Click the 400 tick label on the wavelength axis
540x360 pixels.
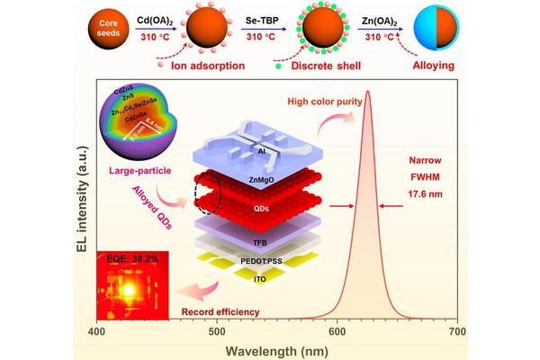click(97, 331)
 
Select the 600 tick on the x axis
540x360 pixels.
click(337, 331)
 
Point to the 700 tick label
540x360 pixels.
click(457, 331)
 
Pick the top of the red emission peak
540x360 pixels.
click(366, 92)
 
